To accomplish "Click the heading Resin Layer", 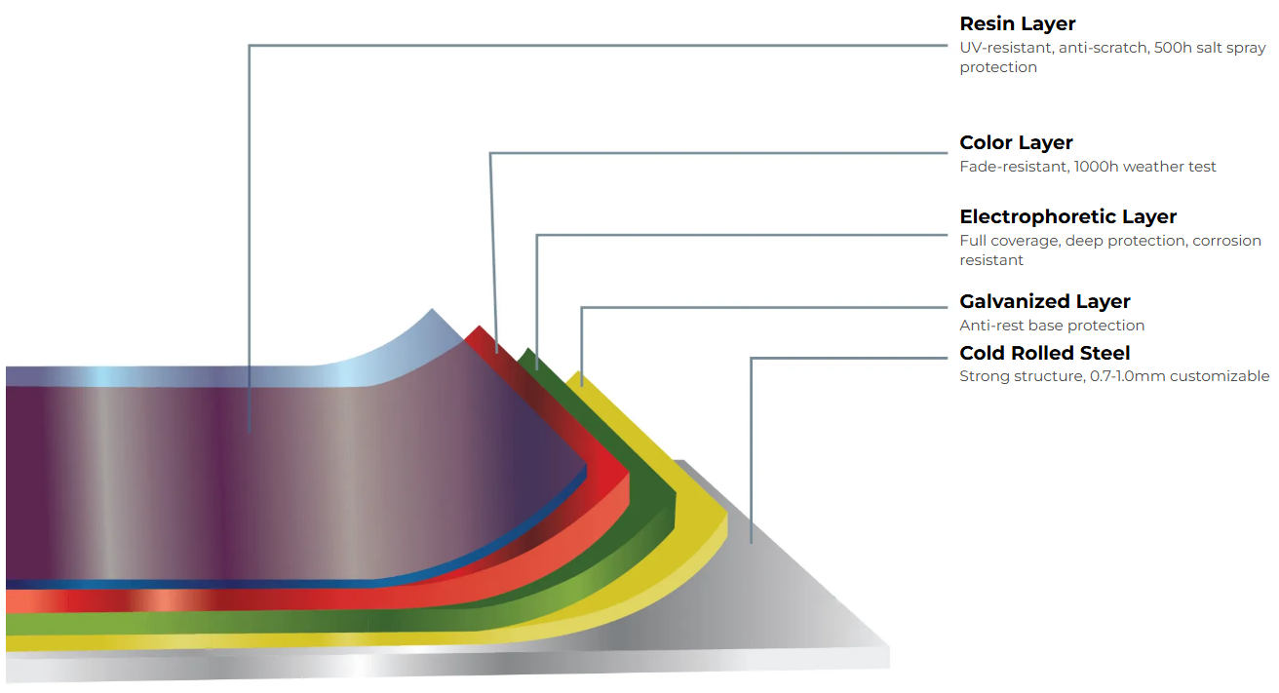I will click(1017, 23).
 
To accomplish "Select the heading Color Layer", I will click(1016, 143).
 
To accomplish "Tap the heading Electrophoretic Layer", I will click(1067, 216).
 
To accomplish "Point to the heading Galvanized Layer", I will click(1044, 301).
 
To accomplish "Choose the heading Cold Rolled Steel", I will click(1044, 353).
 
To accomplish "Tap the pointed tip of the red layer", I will click(477, 327).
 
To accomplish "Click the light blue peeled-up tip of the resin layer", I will click(433, 313).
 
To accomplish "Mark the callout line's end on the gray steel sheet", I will click(751, 542).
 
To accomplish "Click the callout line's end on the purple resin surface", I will click(250, 432).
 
